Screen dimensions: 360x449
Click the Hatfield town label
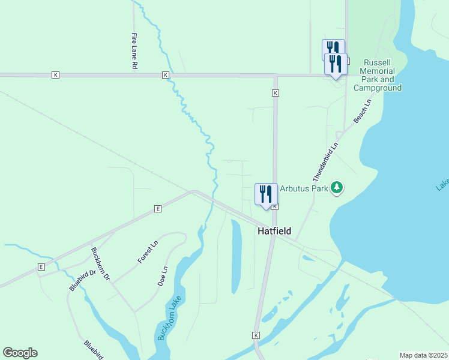[274, 231]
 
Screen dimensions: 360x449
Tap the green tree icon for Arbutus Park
[337, 188]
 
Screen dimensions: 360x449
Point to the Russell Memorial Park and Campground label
[377, 75]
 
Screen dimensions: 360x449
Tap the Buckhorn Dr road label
[100, 264]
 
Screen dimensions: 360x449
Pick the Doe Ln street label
[163, 275]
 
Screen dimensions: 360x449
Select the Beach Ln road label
[362, 112]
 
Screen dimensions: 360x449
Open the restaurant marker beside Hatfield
[266, 194]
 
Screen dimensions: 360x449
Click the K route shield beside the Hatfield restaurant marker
[274, 206]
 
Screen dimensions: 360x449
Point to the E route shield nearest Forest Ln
[158, 209]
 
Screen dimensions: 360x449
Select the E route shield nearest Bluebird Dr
[41, 266]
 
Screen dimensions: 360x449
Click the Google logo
[20, 353]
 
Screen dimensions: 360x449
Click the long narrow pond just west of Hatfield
[237, 256]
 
